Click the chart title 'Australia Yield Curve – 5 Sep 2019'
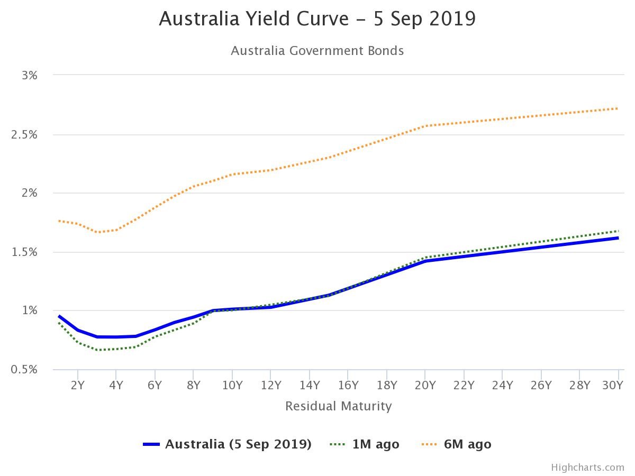pos(317,19)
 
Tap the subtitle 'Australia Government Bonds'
pos(317,51)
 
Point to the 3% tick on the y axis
pos(30,75)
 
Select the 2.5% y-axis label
pos(24,134)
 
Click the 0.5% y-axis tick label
pos(24,369)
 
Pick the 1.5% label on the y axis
pos(24,252)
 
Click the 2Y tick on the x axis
pos(78,385)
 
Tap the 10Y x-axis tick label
pos(232,385)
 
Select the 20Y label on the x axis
pos(425,385)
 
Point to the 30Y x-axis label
pos(613,385)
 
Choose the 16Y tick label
pos(348,385)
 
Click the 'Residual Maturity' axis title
pos(339,406)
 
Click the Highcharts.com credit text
pos(587,467)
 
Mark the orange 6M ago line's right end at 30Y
pos(618,108)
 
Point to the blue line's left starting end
pos(59,316)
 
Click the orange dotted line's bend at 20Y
pos(425,126)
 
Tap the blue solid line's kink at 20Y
pos(425,261)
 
